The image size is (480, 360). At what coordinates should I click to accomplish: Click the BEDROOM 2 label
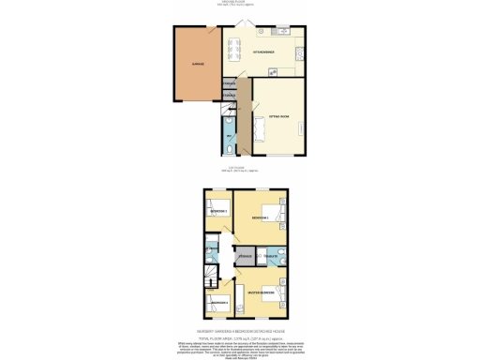(x=260, y=217)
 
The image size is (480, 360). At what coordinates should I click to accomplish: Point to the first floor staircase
(x=211, y=276)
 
